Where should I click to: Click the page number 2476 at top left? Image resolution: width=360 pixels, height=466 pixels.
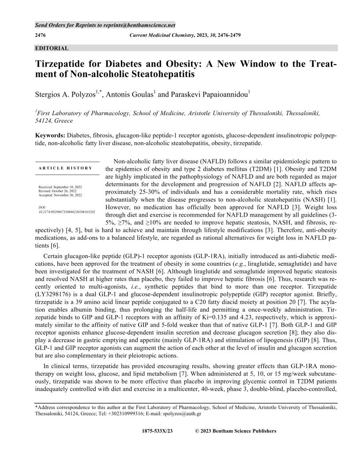pyautogui.click(x=41, y=35)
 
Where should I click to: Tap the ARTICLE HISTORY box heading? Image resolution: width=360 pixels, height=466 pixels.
pyautogui.click(x=65, y=168)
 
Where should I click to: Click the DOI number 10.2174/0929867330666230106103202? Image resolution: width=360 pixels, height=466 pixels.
pyautogui.click(x=67, y=212)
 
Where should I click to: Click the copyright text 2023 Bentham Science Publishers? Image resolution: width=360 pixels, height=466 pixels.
pyautogui.click(x=238, y=431)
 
